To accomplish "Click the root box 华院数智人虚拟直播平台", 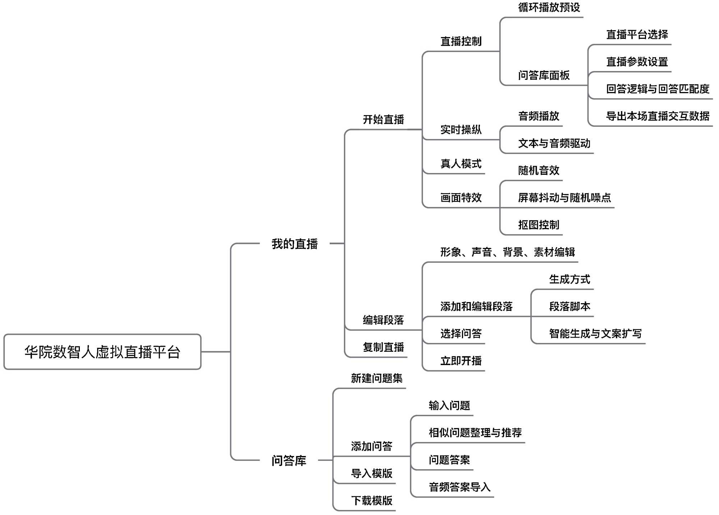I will pos(102,352).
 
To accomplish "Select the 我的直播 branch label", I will pos(294,244).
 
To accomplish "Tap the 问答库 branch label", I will pos(289,460).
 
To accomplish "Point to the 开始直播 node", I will pos(383,119).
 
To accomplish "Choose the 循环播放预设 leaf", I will pos(549,8).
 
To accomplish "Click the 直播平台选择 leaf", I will pos(637,35).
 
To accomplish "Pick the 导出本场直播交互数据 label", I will pos(658,116).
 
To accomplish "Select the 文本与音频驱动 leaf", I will pos(554,143).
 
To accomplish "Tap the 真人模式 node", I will pos(461,164).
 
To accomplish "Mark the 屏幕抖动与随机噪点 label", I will pos(564,197).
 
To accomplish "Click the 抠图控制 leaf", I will pos(539,225).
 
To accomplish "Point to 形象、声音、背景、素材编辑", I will pos(508,252).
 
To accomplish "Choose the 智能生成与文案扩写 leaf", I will pos(595,334).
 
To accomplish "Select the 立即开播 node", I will pos(461,361).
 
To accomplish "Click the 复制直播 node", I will pos(383,347).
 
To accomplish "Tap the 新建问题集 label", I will pos(377,378).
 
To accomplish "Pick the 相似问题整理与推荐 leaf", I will pos(475,433).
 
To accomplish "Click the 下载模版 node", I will pos(372,501).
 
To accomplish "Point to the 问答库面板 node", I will pos(544,76).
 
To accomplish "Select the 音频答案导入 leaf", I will pos(459,487).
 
